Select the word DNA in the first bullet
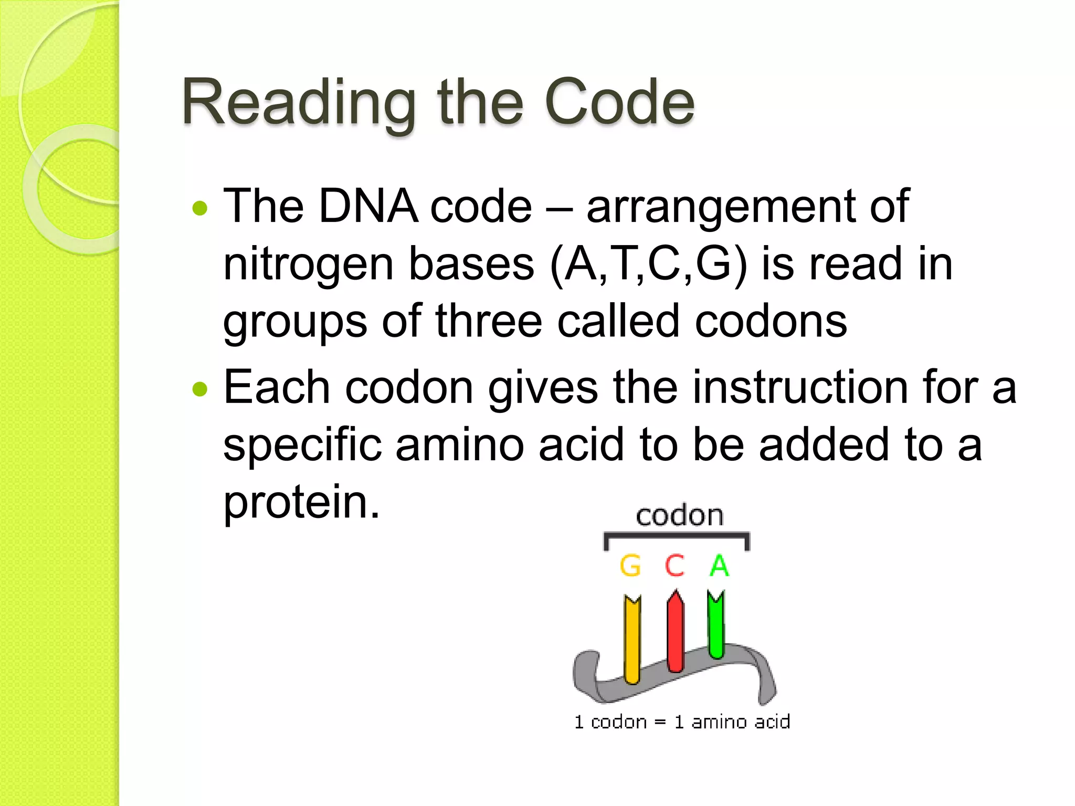pos(368,206)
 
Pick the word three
pos(488,321)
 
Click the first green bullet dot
pos(200,208)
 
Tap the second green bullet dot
pos(200,389)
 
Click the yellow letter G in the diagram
pos(630,566)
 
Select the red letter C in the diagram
pos(675,566)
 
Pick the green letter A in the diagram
pos(719,566)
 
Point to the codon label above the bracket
pos(679,516)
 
